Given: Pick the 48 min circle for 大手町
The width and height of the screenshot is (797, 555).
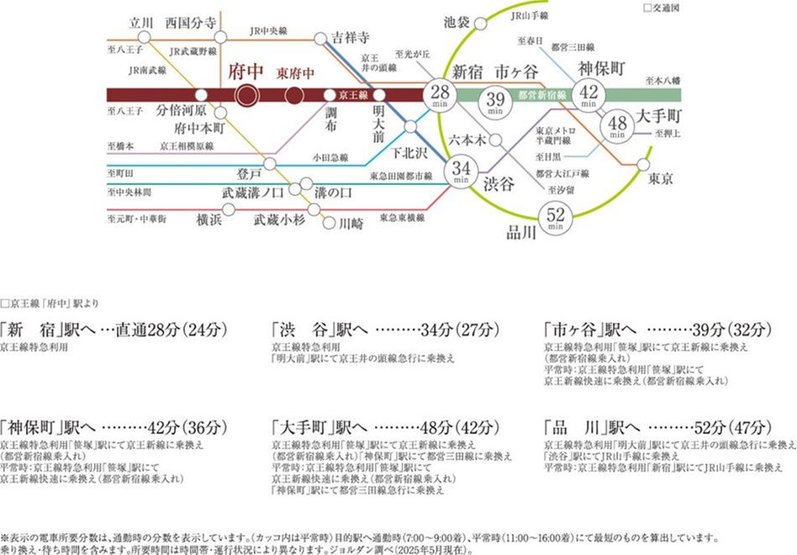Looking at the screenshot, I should (x=618, y=125).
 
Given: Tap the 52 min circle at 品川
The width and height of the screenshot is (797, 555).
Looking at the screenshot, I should (x=555, y=219).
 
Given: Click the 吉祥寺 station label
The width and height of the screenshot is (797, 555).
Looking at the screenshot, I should (x=351, y=38).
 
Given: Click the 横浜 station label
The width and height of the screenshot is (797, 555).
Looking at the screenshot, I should (x=209, y=219).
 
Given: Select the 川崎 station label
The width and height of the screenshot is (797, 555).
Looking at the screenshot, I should (x=352, y=225).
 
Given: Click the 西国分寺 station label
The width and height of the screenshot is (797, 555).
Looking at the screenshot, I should (x=198, y=20).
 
